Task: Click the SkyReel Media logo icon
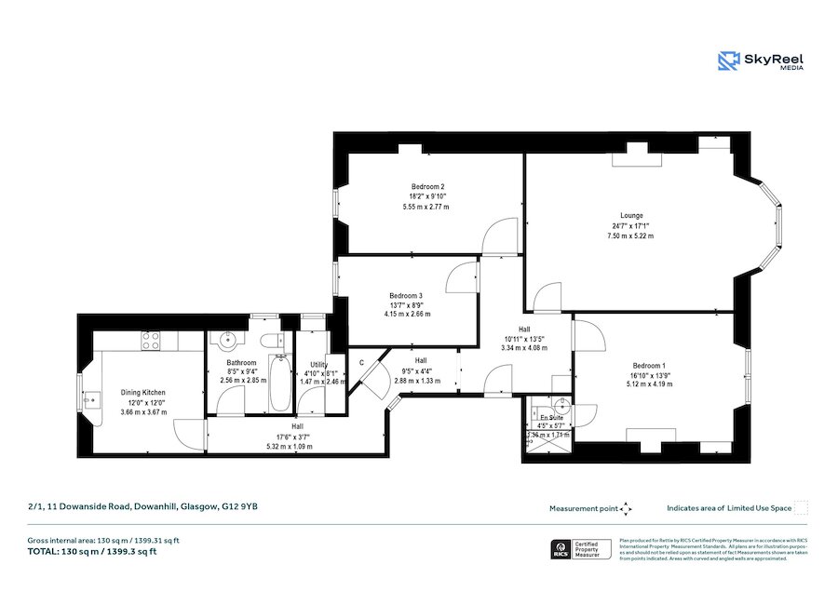click(x=729, y=61)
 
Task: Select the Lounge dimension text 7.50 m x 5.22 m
click(x=630, y=236)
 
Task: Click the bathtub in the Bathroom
click(x=279, y=383)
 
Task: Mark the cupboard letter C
click(x=361, y=362)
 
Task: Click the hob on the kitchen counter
click(x=152, y=342)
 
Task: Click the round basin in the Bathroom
click(x=224, y=341)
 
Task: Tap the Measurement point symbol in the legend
click(x=626, y=508)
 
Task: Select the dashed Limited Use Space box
click(x=801, y=507)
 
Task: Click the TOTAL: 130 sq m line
click(x=91, y=552)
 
